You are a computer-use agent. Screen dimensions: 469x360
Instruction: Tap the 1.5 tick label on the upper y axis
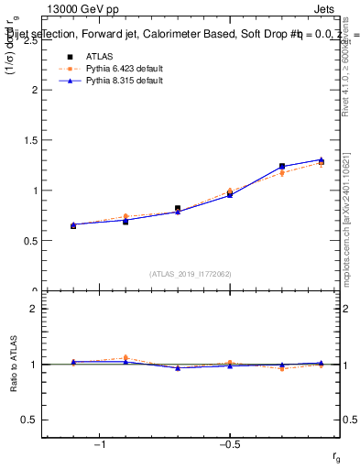point(30,141)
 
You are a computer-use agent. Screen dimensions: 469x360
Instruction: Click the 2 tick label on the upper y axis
point(35,91)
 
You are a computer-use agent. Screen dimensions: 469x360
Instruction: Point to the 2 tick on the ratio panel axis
point(35,309)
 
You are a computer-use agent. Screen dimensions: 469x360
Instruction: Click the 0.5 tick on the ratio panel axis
point(30,420)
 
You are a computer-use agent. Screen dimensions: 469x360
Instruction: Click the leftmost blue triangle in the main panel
point(73,224)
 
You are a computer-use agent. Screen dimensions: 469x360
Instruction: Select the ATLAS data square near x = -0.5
point(230,193)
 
